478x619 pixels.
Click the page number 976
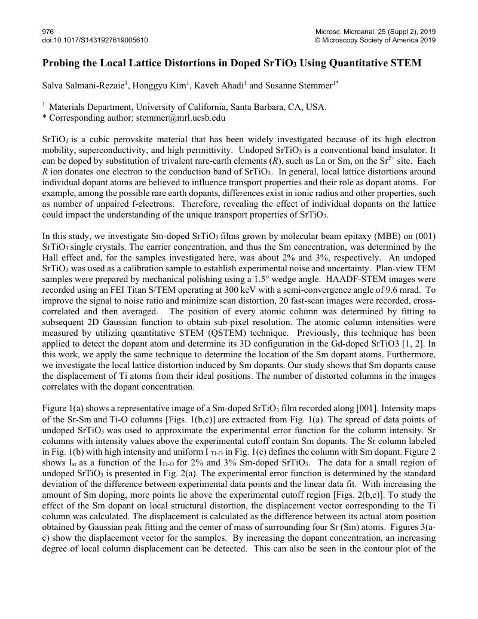point(47,31)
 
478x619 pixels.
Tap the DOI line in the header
point(95,40)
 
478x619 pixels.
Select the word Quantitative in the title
point(356,63)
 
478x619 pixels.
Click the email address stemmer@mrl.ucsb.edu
point(182,118)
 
